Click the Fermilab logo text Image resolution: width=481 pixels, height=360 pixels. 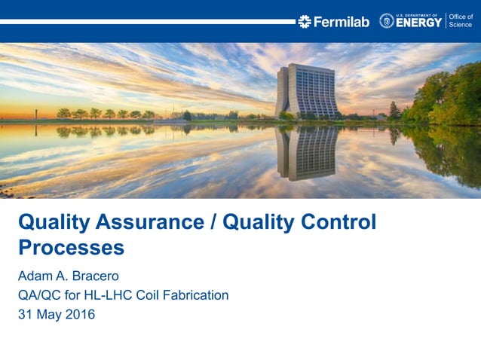click(341, 22)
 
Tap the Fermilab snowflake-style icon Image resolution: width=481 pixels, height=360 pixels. click(304, 22)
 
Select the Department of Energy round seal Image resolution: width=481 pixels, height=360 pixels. click(387, 21)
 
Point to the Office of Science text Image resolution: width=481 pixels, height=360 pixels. click(460, 20)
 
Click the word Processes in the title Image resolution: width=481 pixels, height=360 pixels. click(71, 247)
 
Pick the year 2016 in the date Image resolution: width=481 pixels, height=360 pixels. click(79, 314)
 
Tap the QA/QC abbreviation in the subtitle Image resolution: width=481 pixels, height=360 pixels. click(39, 294)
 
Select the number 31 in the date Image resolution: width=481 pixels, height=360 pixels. click(25, 314)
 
